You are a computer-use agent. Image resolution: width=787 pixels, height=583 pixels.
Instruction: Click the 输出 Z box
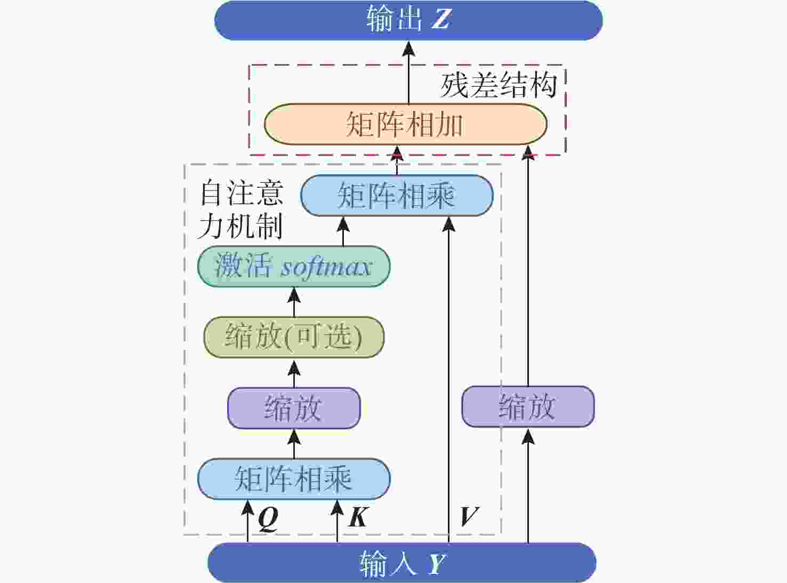pyautogui.click(x=408, y=20)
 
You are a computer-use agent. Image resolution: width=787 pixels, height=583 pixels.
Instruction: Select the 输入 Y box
pyautogui.click(x=402, y=563)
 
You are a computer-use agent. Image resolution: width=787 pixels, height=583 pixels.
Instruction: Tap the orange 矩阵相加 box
pyautogui.click(x=406, y=124)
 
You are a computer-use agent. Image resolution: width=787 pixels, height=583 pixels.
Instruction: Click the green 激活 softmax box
pyautogui.click(x=294, y=266)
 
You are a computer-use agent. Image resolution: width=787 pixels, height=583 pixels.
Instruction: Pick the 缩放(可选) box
pyautogui.click(x=294, y=337)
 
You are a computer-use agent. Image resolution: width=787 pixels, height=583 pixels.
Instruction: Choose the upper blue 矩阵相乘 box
pyautogui.click(x=397, y=195)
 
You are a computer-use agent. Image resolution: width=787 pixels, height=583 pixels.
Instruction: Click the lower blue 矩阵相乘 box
pyautogui.click(x=294, y=479)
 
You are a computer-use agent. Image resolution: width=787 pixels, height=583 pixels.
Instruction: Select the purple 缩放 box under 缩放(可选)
pyautogui.click(x=294, y=408)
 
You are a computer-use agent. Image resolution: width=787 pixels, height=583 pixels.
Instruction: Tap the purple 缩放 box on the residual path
pyautogui.click(x=528, y=406)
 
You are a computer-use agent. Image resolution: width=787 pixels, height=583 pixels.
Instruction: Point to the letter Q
pyautogui.click(x=268, y=519)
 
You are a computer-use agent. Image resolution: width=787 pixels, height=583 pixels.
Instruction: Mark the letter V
pyautogui.click(x=469, y=516)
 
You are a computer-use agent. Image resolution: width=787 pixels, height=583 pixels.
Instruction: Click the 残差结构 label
pyautogui.click(x=499, y=85)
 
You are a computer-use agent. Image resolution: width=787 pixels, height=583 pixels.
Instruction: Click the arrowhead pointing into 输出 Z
pyautogui.click(x=408, y=49)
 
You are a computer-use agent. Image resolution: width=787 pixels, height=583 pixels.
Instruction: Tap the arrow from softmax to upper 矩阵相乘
pyautogui.click(x=343, y=231)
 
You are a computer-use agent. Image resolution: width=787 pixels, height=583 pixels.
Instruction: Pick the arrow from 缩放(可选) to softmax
pyautogui.click(x=294, y=302)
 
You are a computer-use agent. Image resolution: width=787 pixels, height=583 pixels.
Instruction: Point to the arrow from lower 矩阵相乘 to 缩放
pyautogui.click(x=294, y=443)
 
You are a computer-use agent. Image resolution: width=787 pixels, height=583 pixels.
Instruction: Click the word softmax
pyautogui.click(x=326, y=267)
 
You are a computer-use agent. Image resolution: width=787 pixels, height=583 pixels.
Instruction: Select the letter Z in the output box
pyautogui.click(x=441, y=19)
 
